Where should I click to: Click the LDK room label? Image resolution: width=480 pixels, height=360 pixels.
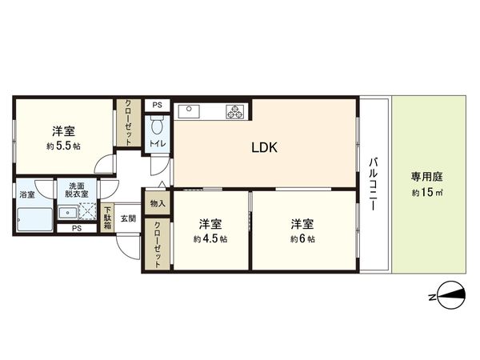click(x=265, y=147)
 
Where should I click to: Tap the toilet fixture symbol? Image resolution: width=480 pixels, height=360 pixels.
click(x=157, y=126)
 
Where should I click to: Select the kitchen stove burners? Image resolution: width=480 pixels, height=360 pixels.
click(x=237, y=111)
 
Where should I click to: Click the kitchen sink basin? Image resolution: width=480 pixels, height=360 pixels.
click(x=190, y=111)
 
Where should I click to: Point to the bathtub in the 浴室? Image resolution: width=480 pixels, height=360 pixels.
click(x=33, y=217)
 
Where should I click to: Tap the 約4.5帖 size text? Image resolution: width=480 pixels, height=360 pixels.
click(x=210, y=238)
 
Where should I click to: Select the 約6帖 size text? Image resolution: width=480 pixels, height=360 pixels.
click(x=302, y=238)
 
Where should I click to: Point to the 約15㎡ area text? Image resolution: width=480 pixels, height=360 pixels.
click(x=426, y=193)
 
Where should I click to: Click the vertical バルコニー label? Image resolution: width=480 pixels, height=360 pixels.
click(x=373, y=183)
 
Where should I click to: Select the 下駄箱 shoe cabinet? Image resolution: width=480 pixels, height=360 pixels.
click(x=108, y=218)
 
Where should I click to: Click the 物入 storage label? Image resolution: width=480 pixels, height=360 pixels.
click(x=157, y=204)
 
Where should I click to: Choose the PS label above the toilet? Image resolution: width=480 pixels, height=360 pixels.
click(x=157, y=104)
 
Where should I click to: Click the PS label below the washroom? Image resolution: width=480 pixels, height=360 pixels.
click(x=77, y=228)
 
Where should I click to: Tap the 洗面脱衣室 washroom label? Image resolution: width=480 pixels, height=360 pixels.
click(x=77, y=190)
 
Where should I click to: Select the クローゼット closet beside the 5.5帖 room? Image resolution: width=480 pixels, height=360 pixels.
click(x=128, y=122)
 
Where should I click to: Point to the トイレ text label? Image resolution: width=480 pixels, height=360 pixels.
click(x=156, y=144)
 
